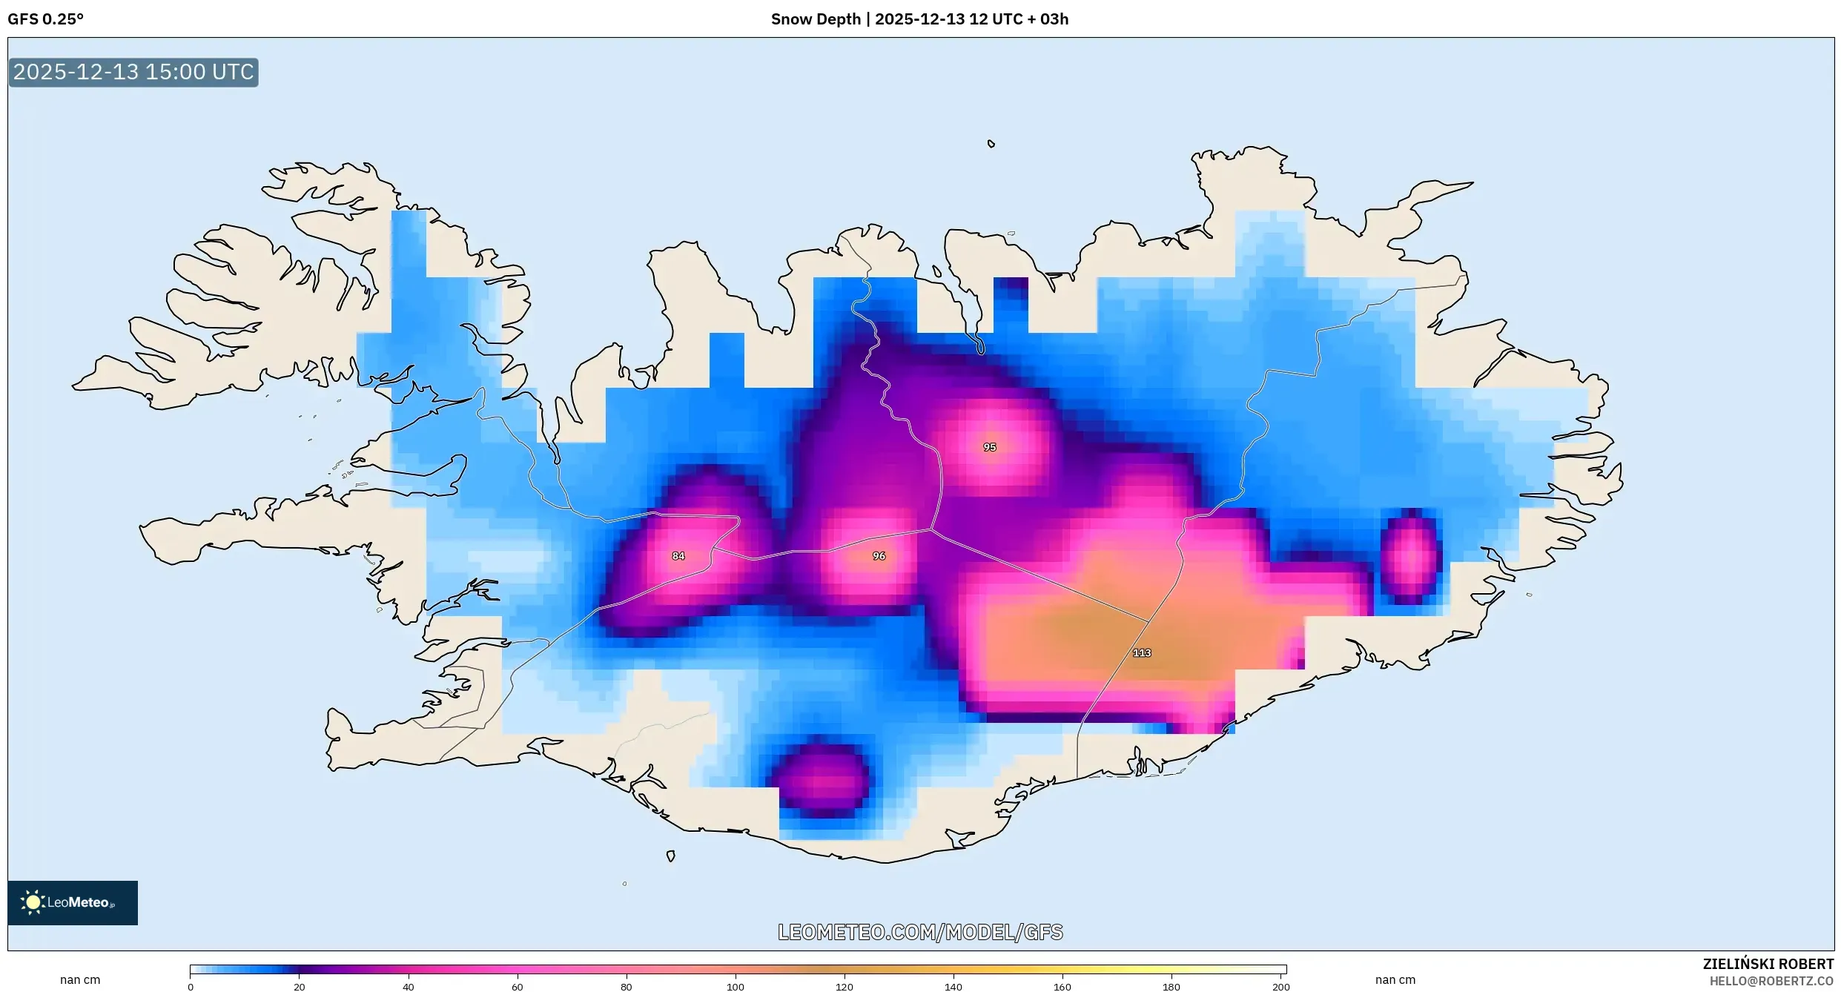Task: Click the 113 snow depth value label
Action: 1141,652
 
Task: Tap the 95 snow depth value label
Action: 989,447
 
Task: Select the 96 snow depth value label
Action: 879,555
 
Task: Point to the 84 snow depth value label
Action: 678,555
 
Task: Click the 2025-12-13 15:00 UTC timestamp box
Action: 133,72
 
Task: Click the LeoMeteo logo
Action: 73,902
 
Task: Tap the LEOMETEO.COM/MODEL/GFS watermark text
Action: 920,932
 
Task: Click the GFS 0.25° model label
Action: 46,19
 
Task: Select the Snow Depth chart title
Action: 919,19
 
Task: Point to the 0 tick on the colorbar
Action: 191,986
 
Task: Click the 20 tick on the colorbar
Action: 300,986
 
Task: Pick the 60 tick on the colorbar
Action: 518,986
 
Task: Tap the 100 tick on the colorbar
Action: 736,986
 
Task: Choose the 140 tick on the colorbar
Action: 953,986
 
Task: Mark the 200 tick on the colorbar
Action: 1280,986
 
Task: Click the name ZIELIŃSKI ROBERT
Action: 1768,964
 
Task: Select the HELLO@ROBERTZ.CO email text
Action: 1771,981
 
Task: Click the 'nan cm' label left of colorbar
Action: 80,979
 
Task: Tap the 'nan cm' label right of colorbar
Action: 1395,979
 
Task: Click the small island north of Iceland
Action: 991,144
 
